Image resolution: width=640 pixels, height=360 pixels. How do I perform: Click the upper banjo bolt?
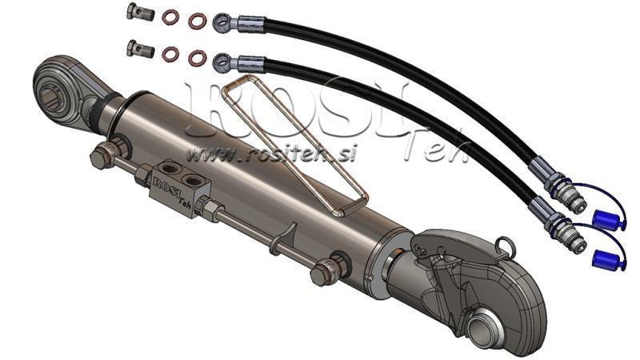click(x=140, y=12)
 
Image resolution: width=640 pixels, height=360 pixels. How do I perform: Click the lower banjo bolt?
click(x=140, y=49)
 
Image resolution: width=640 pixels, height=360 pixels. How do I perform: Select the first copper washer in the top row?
click(x=170, y=17)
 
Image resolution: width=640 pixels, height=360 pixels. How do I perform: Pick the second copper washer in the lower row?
click(x=197, y=58)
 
